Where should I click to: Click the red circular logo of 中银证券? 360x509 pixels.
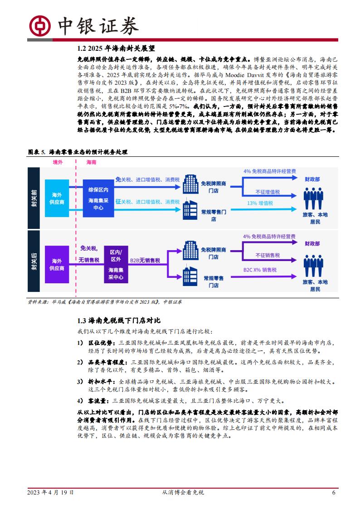pos(39,26)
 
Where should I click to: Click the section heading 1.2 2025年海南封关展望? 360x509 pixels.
pos(116,48)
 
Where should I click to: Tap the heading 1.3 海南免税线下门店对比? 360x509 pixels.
pos(119,320)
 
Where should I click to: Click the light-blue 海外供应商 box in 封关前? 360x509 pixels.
pos(57,198)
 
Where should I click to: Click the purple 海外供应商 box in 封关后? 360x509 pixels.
pos(57,264)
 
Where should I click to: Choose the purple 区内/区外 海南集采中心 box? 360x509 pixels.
pos(116,264)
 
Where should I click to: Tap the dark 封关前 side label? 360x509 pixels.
pos(34,198)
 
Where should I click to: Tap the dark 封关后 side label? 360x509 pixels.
pos(34,262)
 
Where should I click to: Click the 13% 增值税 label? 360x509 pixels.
pos(260,203)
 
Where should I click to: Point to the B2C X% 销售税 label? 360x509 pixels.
pos(260,270)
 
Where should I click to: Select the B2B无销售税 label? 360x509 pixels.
pos(145,260)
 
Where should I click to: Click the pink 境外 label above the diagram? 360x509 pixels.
pos(58,162)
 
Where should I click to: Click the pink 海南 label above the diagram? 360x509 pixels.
pos(91,162)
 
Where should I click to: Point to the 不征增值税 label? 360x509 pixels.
pos(268,192)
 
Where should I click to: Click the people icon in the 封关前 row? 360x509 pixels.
pos(313,198)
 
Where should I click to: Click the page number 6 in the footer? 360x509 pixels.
pos(334,492)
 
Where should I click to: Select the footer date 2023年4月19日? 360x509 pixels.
pos(50,492)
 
